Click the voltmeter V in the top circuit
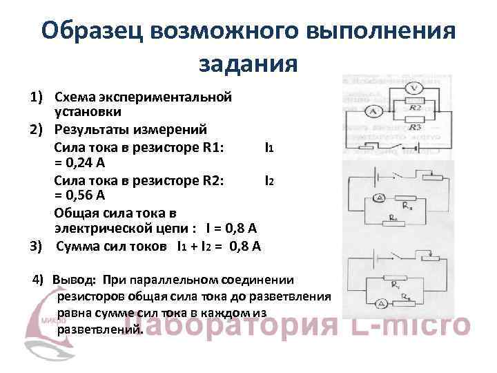[412, 88]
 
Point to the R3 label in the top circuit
[414, 128]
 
